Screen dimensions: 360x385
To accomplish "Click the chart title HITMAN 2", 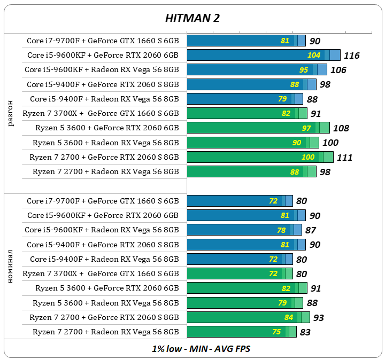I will point(192,18).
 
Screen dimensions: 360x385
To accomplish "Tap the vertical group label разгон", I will point(12,112).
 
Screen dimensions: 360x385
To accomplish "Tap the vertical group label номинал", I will point(12,265).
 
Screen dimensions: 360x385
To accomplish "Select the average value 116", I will point(351,56).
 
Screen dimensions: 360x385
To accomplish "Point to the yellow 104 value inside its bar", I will point(314,56).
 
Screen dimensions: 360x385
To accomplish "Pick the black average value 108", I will point(341,128).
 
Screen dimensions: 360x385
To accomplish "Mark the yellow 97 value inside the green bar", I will point(306,128).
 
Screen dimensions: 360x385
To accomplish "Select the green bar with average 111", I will point(260,157).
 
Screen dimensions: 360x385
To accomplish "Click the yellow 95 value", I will point(304,70).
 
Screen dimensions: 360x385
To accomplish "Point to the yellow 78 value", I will point(281,230).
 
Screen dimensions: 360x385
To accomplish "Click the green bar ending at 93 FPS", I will point(248,317).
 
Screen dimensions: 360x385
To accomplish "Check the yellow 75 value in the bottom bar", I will point(276,332).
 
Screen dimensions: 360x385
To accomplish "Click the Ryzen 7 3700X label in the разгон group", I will point(101,113).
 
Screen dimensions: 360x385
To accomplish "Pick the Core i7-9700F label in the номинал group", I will point(103,201).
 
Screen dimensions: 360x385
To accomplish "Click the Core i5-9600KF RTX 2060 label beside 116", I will point(103,55).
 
